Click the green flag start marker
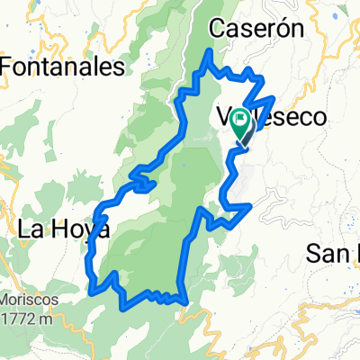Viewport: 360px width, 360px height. click(x=242, y=124)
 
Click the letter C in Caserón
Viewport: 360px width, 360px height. click(x=216, y=30)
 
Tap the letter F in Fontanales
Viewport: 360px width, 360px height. click(x=7, y=66)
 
